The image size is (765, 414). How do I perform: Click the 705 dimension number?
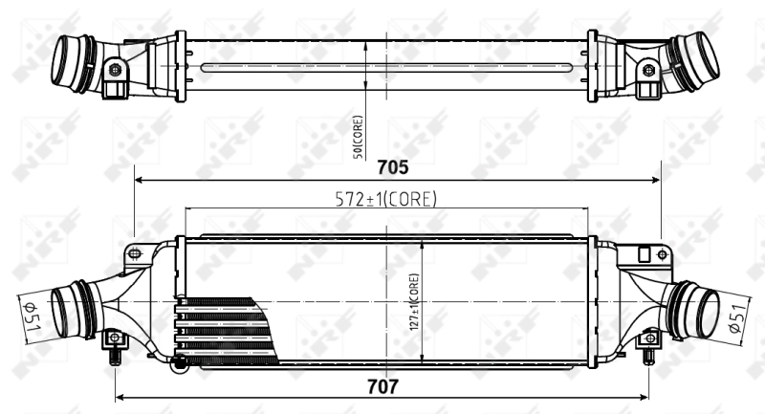[393, 167]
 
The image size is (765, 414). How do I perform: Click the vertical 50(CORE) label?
[357, 136]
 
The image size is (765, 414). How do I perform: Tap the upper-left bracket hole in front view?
[134, 253]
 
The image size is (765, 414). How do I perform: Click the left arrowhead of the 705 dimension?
[139, 179]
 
